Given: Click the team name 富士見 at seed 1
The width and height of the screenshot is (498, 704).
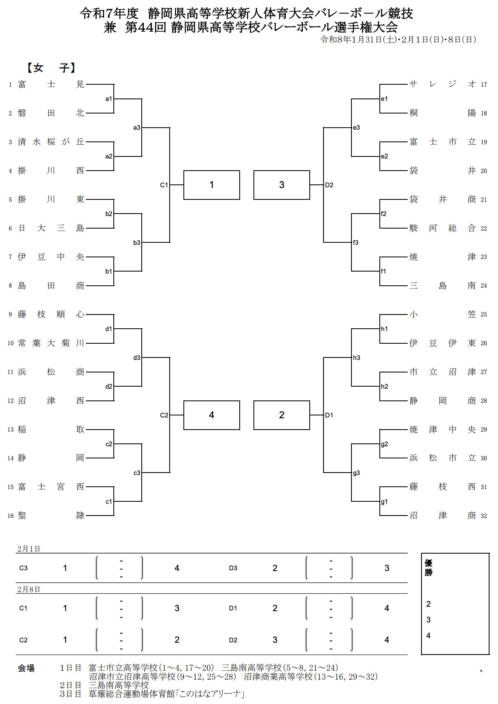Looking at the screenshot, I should tap(51, 84).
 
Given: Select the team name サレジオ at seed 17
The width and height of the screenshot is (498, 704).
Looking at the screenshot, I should tap(443, 84).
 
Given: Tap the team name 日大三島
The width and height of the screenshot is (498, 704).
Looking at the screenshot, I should tap(51, 228).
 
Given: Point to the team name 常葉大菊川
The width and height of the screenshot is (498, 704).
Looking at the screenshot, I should tap(51, 343).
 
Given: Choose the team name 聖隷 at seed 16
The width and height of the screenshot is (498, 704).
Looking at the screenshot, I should tap(51, 516).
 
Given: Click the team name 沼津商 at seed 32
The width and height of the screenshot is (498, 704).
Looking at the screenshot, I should tap(443, 516).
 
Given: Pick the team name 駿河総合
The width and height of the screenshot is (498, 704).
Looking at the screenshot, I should tap(443, 228).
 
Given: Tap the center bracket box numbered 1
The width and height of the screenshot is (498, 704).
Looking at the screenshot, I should tap(212, 185).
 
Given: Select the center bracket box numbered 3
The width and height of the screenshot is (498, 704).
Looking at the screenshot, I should tap(282, 185).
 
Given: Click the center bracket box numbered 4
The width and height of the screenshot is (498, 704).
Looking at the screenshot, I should tap(212, 415).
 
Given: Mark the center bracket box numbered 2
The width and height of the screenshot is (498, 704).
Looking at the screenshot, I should tap(282, 415).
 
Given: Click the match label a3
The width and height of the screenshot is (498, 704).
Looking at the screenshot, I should tap(137, 128).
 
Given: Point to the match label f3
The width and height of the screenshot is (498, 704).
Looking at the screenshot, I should tap(356, 243).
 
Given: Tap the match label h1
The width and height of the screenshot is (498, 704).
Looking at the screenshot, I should tap(384, 329).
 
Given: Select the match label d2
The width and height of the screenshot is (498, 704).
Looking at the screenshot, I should tap(109, 387).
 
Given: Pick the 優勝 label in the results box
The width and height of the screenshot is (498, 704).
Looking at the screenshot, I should tap(428, 568).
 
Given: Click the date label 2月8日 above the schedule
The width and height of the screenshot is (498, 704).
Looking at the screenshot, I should tap(29, 589).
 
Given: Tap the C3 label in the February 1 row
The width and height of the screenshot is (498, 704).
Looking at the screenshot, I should tap(23, 568).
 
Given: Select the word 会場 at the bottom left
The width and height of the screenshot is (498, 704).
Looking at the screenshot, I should tap(26, 668).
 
